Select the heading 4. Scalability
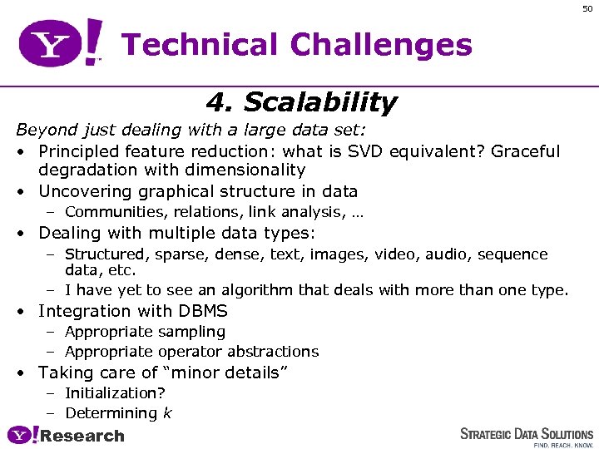click(x=300, y=103)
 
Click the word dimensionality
click(x=241, y=170)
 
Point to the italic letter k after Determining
click(x=167, y=413)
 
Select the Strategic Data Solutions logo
click(x=527, y=436)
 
